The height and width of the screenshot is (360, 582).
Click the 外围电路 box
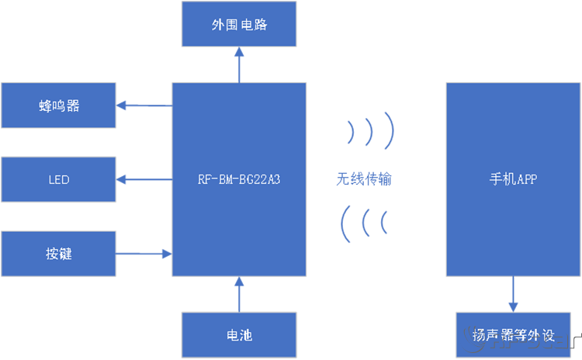click(239, 24)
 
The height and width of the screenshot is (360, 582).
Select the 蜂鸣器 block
click(58, 106)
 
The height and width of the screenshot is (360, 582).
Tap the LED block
click(58, 179)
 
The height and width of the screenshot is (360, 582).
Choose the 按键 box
click(58, 254)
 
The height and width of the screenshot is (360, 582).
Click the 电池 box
click(239, 335)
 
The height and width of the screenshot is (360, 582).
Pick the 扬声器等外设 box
click(513, 335)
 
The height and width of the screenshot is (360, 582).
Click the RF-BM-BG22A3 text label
click(239, 179)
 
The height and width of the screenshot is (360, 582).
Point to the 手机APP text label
click(513, 179)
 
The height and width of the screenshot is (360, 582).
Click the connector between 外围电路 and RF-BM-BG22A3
click(239, 64)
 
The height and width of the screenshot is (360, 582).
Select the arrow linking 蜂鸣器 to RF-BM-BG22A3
click(144, 106)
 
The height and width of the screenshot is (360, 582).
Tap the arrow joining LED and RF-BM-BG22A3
click(144, 179)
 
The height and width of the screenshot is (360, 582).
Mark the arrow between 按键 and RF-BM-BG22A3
click(144, 254)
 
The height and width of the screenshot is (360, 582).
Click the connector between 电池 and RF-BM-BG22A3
click(239, 294)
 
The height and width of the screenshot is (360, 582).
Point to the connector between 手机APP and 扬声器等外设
click(513, 294)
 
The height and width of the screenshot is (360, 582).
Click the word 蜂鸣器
click(59, 106)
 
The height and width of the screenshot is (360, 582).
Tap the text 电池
click(239, 335)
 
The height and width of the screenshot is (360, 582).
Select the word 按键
click(59, 254)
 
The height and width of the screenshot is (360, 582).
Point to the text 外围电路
click(239, 24)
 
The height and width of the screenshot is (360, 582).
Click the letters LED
click(59, 179)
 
